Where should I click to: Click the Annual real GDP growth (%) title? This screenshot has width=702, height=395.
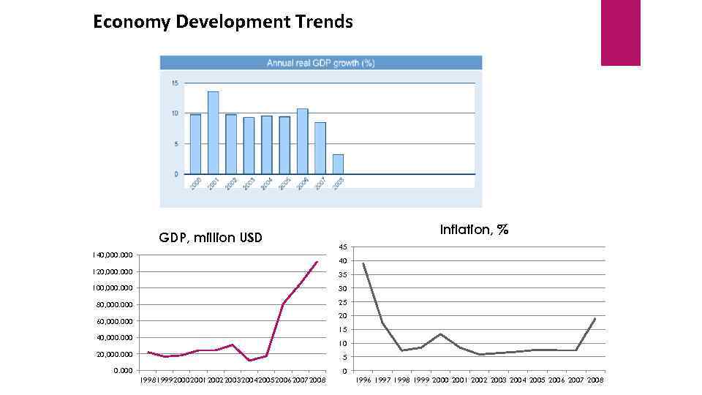(x=320, y=63)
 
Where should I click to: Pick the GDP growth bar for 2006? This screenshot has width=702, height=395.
(x=302, y=141)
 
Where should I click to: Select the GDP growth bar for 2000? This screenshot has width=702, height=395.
(x=195, y=144)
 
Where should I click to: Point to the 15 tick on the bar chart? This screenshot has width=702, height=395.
(x=175, y=83)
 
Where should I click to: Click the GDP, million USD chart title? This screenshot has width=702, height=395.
(x=211, y=238)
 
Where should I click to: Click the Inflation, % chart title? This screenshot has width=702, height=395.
(x=474, y=230)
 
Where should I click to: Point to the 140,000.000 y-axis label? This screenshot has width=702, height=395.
(x=108, y=255)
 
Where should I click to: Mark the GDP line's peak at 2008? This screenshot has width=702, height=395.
(x=317, y=262)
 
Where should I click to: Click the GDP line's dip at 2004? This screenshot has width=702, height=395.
(x=250, y=361)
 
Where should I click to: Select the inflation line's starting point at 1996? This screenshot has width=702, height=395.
(x=363, y=263)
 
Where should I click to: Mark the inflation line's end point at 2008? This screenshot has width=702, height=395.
(x=595, y=318)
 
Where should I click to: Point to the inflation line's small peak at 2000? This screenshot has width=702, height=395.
(x=440, y=334)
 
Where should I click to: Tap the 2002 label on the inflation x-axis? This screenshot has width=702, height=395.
(x=479, y=380)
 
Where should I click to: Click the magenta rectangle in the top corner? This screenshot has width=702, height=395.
(x=620, y=32)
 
